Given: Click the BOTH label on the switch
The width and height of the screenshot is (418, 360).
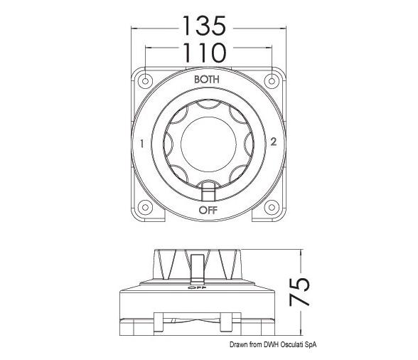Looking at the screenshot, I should [x=207, y=80].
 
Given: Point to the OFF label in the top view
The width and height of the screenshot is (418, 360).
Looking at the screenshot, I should [x=207, y=210].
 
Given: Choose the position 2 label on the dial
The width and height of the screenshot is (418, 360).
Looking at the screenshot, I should [x=273, y=142].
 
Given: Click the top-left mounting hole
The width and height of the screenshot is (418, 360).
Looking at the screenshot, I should [x=145, y=79].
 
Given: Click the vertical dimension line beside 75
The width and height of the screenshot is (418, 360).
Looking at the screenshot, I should [x=304, y=291].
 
